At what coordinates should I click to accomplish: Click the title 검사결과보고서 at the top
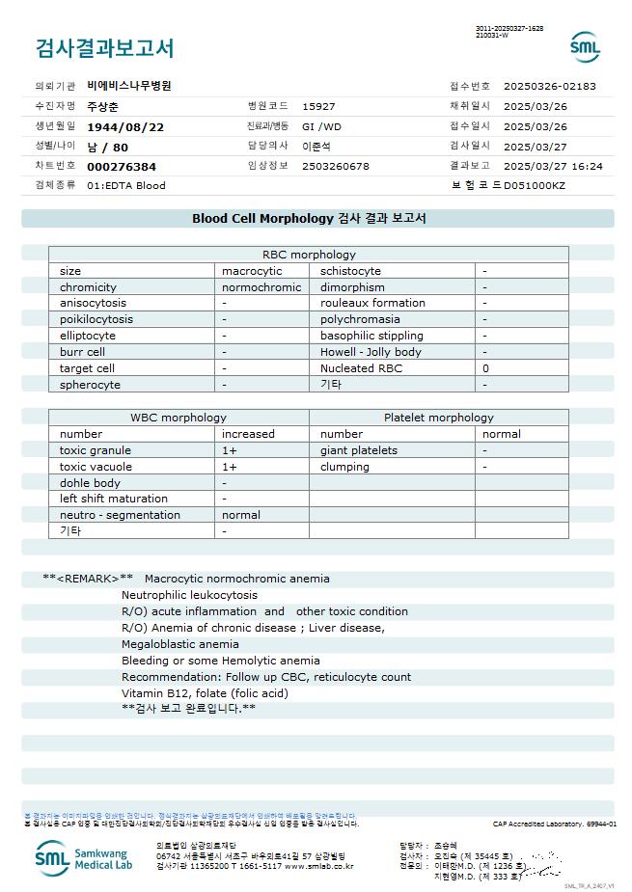[104, 47]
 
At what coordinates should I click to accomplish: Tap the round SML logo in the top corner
[585, 46]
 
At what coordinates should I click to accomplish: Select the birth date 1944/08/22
[125, 126]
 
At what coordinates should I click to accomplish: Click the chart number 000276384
[122, 167]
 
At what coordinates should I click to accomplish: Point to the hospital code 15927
[318, 106]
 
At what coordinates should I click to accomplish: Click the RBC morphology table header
[309, 255]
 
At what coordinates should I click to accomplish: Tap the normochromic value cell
[261, 287]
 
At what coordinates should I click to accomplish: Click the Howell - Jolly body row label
[371, 352]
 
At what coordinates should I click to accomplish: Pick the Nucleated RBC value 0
[485, 368]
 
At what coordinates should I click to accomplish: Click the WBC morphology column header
[179, 418]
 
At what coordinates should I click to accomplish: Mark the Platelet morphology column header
[438, 418]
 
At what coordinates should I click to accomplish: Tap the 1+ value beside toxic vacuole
[230, 467]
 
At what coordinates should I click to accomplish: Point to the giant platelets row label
[359, 450]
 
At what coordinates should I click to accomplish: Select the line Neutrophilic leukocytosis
[189, 595]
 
